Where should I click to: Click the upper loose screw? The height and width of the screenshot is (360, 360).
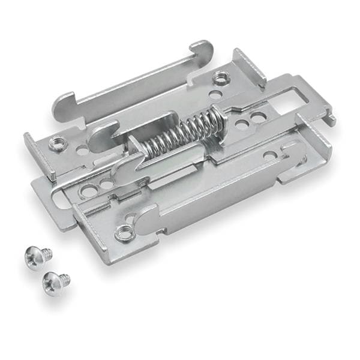click(38, 256)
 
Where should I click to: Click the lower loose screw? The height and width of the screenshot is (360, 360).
click(56, 279)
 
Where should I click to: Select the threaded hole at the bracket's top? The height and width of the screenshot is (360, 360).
click(221, 77)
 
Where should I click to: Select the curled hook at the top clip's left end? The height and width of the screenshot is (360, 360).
click(62, 104)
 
